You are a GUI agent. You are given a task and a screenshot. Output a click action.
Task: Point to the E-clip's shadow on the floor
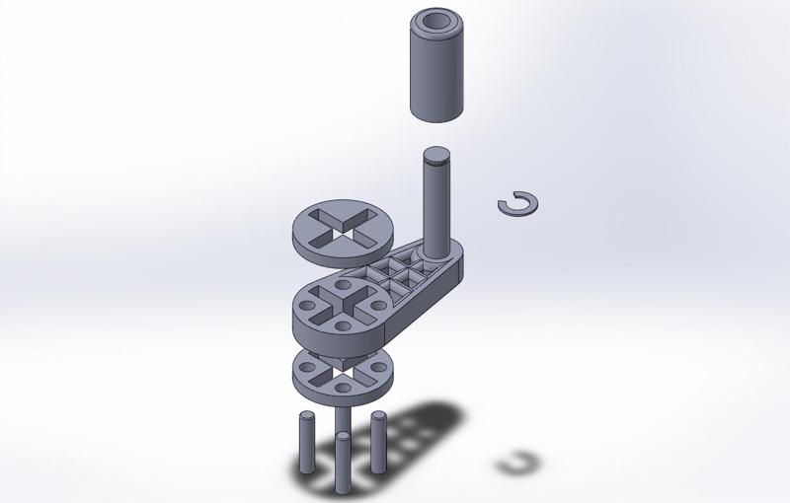(519, 463)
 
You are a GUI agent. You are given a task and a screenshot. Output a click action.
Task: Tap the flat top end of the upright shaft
(435, 155)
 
